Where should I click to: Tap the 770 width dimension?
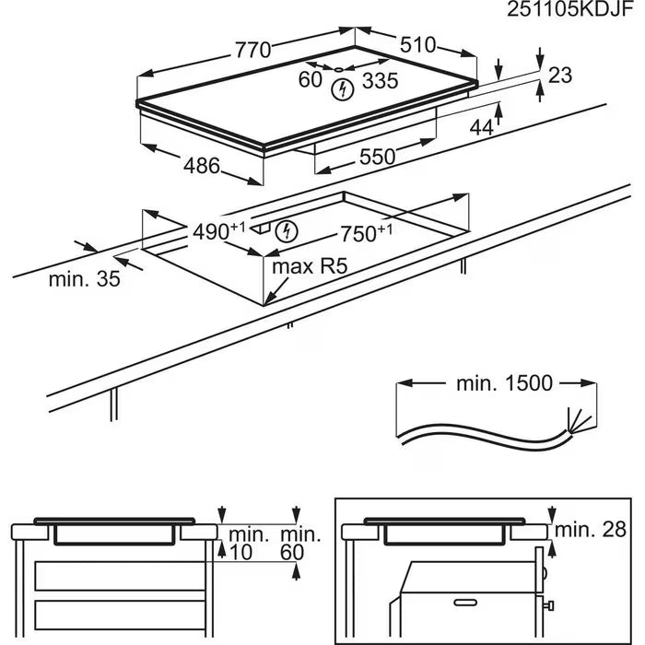coord(253,51)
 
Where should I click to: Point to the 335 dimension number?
coord(380,81)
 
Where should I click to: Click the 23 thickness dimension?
coord(560,76)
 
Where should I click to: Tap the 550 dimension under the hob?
coord(377,157)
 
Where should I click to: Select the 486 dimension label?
coord(202,167)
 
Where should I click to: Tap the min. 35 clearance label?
coord(85,279)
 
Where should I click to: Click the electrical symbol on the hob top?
coord(342,89)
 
